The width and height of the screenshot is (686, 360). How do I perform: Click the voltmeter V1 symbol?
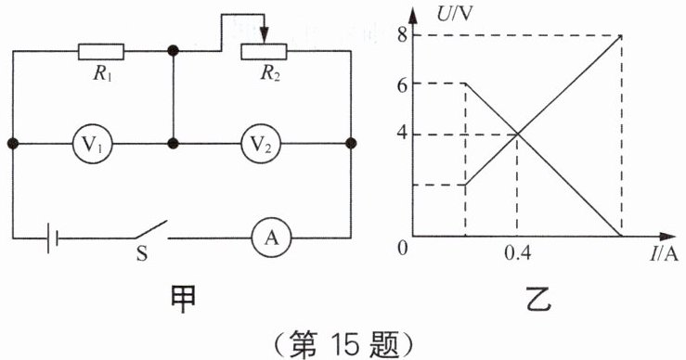(92, 144)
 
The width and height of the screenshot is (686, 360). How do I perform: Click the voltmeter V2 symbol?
(261, 144)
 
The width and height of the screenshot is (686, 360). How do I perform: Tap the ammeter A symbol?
(271, 238)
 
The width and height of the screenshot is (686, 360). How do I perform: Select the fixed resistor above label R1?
(101, 52)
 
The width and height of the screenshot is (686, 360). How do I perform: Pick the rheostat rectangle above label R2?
(264, 52)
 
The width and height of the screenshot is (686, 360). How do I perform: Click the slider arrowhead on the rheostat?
(264, 36)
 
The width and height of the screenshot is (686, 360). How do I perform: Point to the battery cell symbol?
(53, 238)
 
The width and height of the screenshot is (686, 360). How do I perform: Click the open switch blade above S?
(151, 229)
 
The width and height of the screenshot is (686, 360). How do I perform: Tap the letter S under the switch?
(142, 253)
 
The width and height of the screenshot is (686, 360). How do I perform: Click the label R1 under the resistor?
(102, 73)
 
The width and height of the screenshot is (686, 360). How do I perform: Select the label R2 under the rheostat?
(270, 73)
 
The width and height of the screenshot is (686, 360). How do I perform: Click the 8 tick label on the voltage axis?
(403, 35)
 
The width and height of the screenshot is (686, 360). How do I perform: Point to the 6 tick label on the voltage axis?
(403, 84)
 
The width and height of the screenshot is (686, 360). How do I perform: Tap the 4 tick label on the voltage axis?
(403, 134)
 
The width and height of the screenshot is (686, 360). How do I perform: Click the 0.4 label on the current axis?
(518, 253)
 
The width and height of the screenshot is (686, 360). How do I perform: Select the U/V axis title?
(455, 14)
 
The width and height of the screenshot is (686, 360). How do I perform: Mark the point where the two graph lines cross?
(518, 134)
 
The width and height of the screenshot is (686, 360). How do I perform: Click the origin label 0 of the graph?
(402, 248)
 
